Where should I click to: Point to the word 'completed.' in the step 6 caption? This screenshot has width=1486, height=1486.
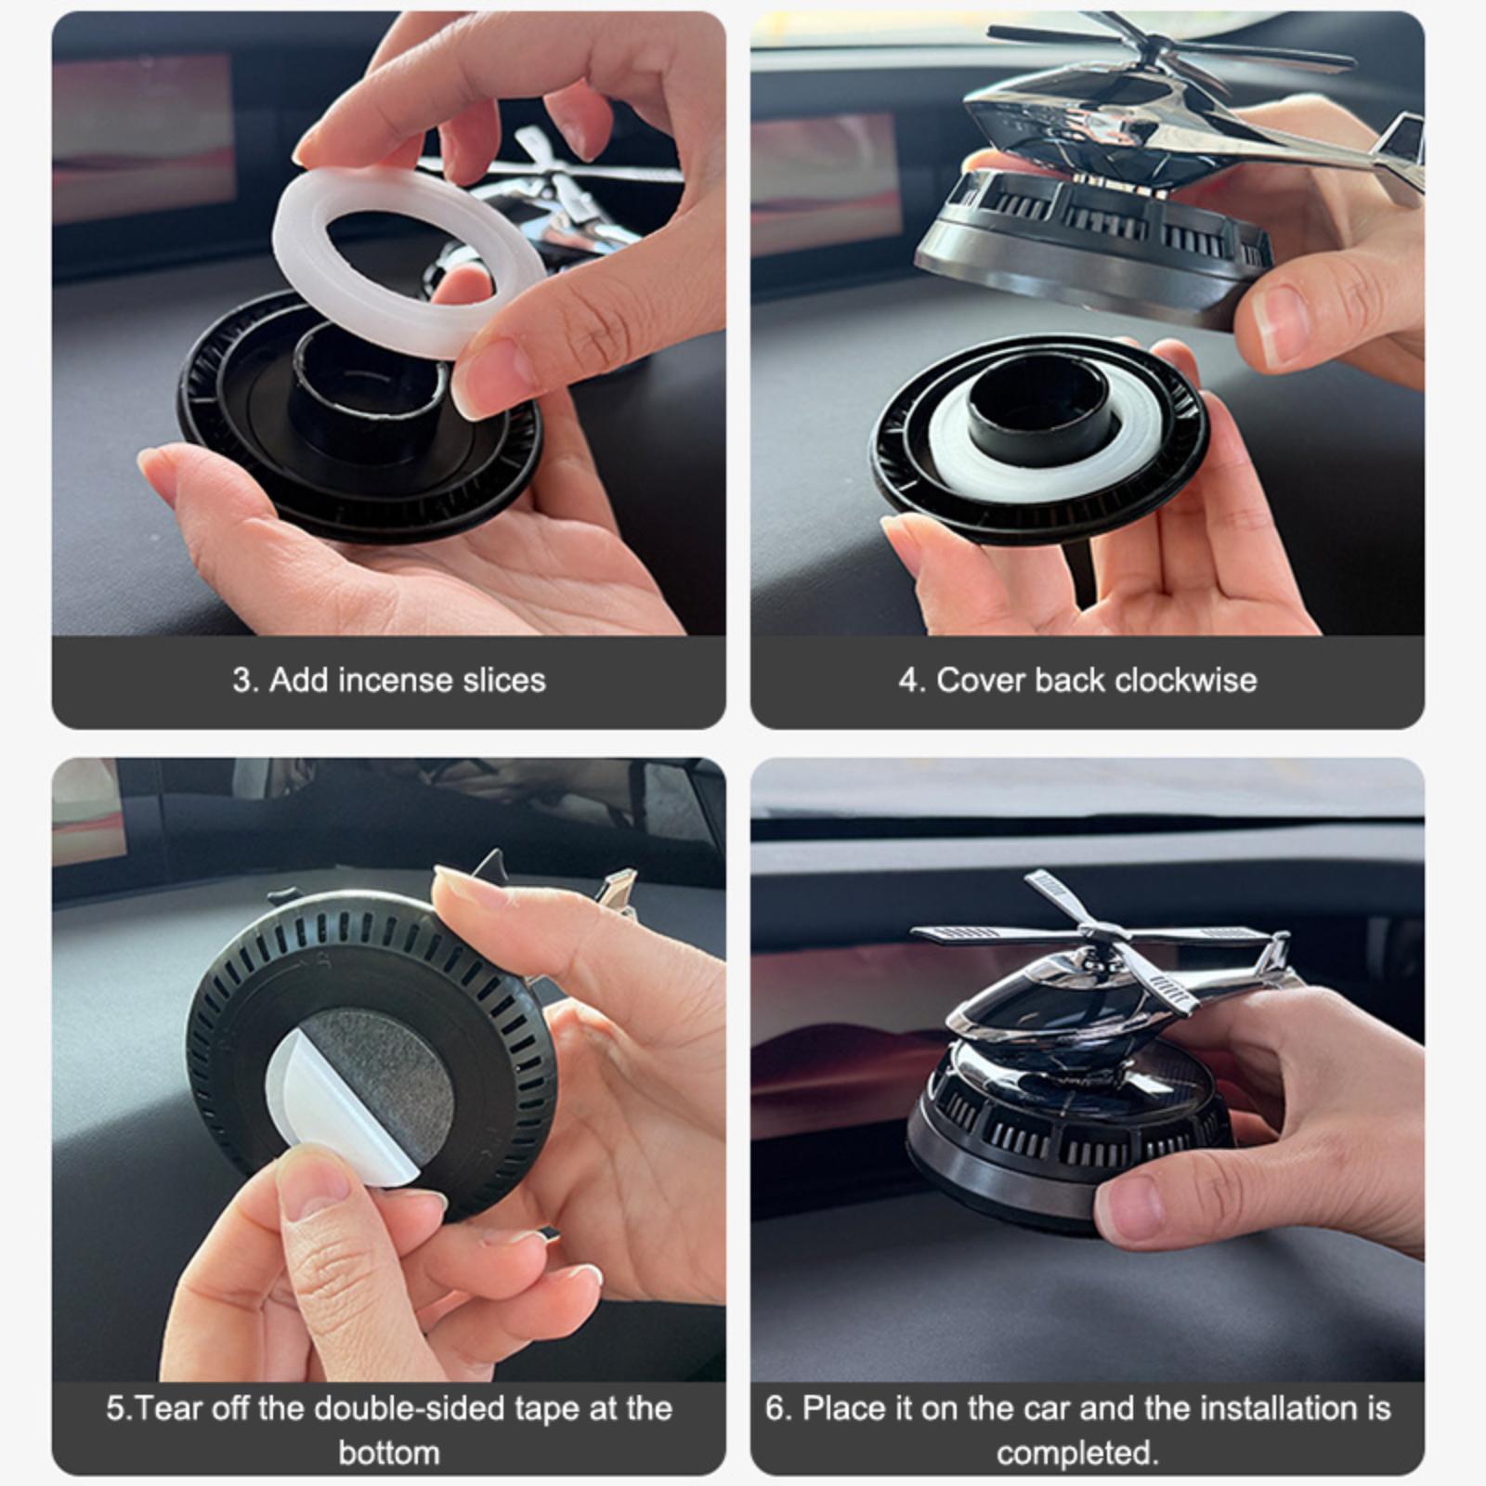pyautogui.click(x=1078, y=1453)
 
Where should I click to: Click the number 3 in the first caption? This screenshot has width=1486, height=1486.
pyautogui.click(x=242, y=680)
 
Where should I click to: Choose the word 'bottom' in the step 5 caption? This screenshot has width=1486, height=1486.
pyautogui.click(x=389, y=1453)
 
